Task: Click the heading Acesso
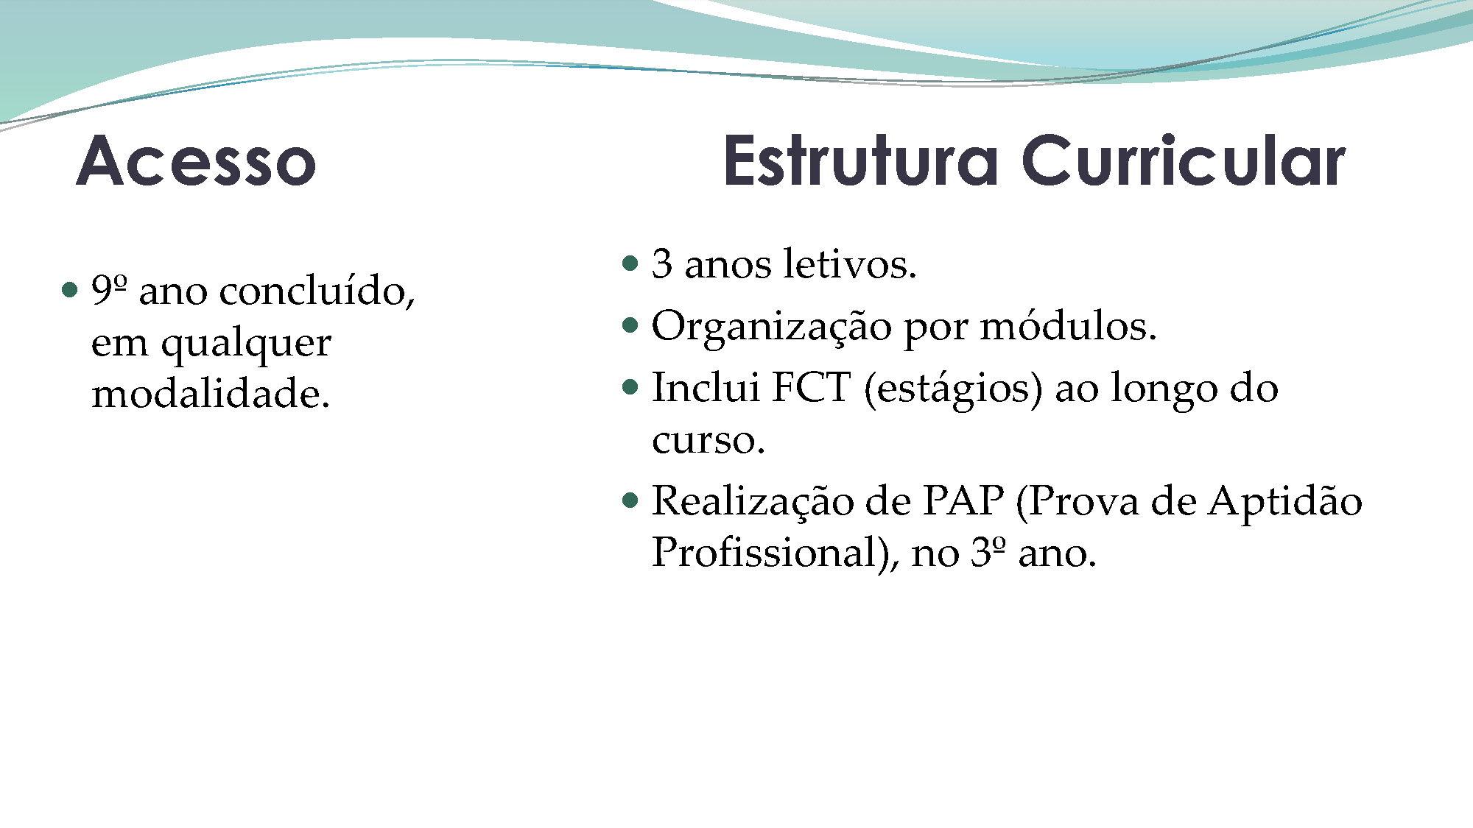(x=197, y=160)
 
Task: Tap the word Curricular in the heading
(x=1184, y=160)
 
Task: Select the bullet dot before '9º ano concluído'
(x=70, y=289)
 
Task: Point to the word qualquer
(x=246, y=343)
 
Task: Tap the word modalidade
(x=210, y=393)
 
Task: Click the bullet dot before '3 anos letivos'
(x=630, y=263)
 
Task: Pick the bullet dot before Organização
(x=630, y=325)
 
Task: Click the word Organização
(x=771, y=327)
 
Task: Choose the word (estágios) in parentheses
(x=953, y=389)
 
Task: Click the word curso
(x=708, y=440)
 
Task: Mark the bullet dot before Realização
(x=630, y=501)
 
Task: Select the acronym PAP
(x=963, y=501)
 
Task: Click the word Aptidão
(x=1285, y=503)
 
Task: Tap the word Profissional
(x=774, y=553)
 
